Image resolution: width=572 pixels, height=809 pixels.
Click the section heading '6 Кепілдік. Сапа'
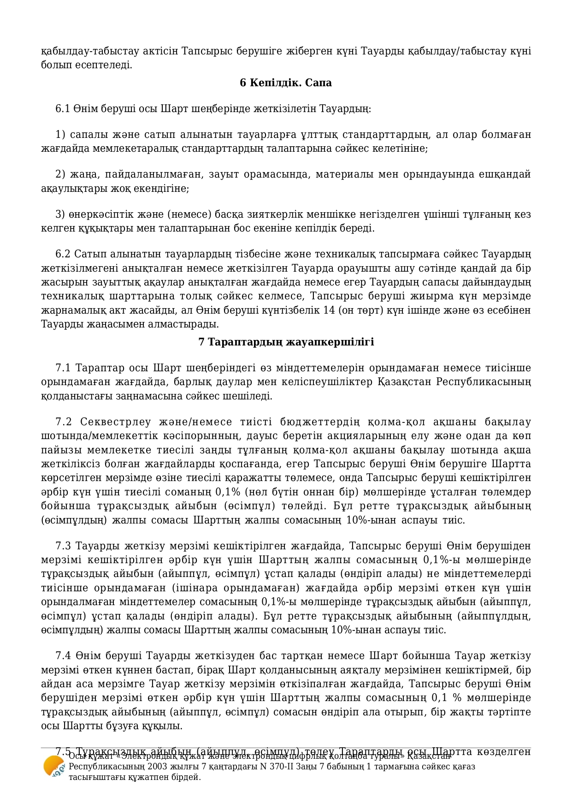pyautogui.click(x=286, y=83)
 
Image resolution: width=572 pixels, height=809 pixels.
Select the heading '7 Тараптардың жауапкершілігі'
pyautogui.click(x=286, y=342)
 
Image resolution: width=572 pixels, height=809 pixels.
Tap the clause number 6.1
pyautogui.click(x=62, y=109)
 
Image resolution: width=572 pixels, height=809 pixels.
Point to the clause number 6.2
pyautogui.click(x=62, y=254)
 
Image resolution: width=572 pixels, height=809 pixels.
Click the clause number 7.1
pyautogui.click(x=63, y=368)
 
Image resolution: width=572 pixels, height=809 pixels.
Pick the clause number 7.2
pyautogui.click(x=63, y=422)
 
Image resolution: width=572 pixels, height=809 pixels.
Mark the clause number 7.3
pyautogui.click(x=63, y=546)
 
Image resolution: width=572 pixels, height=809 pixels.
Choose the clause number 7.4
pyautogui.click(x=63, y=656)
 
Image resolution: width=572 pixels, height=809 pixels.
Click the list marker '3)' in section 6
pyautogui.click(x=60, y=214)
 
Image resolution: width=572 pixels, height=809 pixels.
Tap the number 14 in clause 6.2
pyautogui.click(x=329, y=310)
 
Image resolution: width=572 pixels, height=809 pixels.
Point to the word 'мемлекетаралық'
pyautogui.click(x=137, y=149)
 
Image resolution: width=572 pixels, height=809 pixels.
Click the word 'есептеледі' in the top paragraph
pyautogui.click(x=108, y=65)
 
